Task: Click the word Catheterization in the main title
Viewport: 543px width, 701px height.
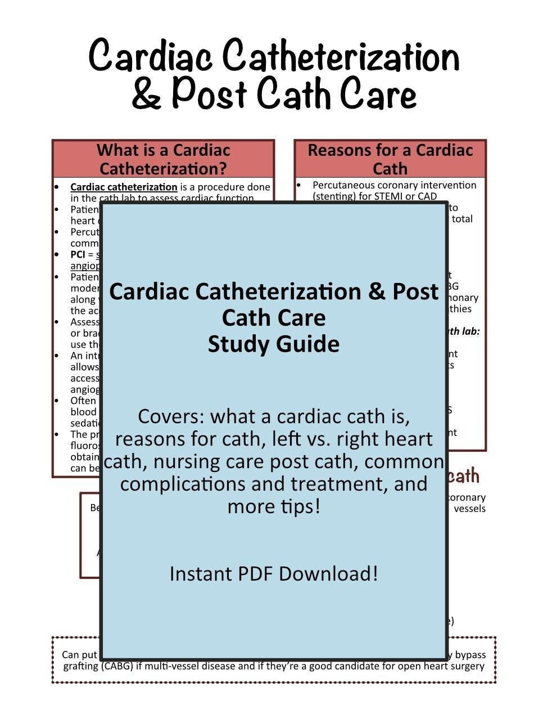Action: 341,57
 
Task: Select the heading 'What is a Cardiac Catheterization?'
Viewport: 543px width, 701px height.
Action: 163,159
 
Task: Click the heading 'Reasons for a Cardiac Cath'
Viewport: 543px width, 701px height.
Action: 390,159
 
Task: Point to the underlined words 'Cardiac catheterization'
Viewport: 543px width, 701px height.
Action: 124,187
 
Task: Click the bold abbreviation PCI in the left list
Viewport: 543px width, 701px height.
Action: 78,254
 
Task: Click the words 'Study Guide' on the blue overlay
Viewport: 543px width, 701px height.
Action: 273,344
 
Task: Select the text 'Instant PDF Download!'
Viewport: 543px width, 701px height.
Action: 273,574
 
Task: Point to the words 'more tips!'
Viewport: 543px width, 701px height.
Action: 273,506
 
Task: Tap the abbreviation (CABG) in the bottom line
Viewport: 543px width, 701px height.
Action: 117,667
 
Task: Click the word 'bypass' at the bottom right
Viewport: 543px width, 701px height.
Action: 470,655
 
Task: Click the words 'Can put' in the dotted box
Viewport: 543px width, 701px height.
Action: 79,655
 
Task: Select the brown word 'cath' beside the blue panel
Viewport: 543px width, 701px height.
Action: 464,477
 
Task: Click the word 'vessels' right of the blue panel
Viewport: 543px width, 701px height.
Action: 469,509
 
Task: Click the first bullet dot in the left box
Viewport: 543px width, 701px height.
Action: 57,187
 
